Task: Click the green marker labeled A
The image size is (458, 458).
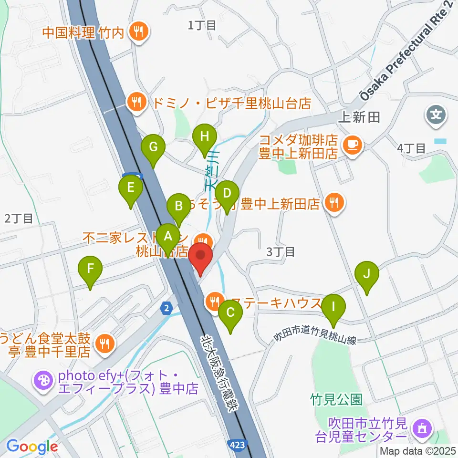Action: coord(167,236)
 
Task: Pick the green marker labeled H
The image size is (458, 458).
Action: coord(204,136)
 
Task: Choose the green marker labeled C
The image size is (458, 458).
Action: coord(230,313)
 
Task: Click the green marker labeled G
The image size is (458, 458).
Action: coord(153,147)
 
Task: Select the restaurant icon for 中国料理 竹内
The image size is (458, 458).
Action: coord(139,32)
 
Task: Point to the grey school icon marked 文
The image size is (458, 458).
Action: coord(436,114)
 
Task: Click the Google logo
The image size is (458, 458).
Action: coord(32,447)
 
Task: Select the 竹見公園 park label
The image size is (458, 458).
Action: coord(336,399)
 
